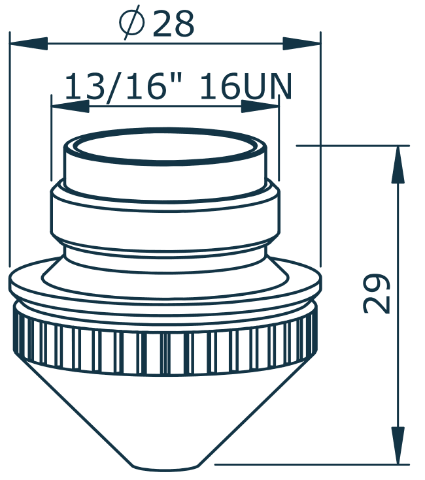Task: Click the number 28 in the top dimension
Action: coord(173,25)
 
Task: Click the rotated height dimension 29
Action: coord(377,293)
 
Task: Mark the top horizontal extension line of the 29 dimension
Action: coord(353,145)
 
